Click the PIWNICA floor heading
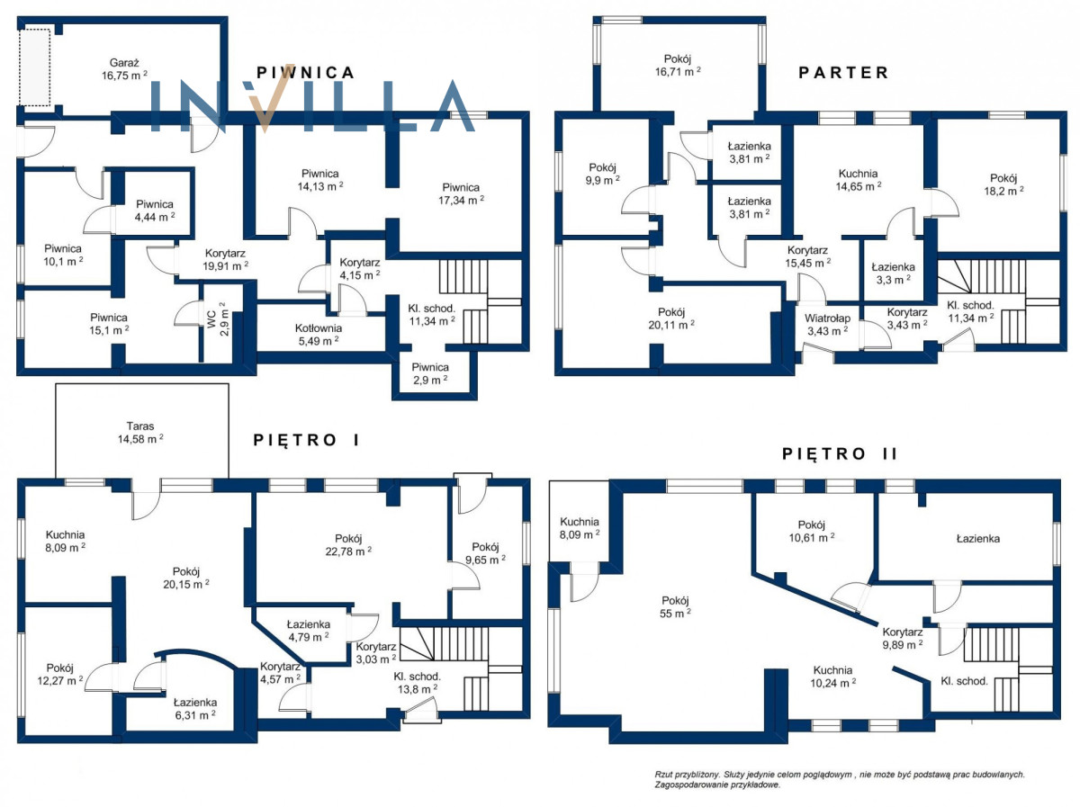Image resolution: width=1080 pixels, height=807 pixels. pyautogui.click(x=305, y=73)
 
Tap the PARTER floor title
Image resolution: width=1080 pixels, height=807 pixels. pyautogui.click(x=843, y=73)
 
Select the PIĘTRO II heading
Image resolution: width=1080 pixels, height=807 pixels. pyautogui.click(x=840, y=453)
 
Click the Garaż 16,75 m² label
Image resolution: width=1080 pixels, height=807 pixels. pyautogui.click(x=124, y=69)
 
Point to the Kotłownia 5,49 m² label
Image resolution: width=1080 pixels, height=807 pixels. pyautogui.click(x=319, y=335)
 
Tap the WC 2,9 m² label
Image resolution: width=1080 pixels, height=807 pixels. pyautogui.click(x=218, y=318)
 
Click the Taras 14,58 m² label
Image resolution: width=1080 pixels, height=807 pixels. pyautogui.click(x=140, y=432)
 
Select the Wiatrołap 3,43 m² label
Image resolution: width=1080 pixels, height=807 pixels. pyautogui.click(x=828, y=325)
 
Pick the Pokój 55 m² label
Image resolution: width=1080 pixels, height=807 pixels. pyautogui.click(x=675, y=606)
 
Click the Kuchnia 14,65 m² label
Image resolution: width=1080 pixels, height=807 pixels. pyautogui.click(x=858, y=180)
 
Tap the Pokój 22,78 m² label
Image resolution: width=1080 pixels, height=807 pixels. pyautogui.click(x=348, y=544)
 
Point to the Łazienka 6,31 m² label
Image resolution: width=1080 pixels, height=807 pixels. pyautogui.click(x=195, y=708)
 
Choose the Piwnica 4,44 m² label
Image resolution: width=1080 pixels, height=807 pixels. pyautogui.click(x=155, y=210)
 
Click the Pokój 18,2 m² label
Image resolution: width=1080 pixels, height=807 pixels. pyautogui.click(x=1003, y=184)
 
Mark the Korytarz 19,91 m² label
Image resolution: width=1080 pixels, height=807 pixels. pyautogui.click(x=225, y=259)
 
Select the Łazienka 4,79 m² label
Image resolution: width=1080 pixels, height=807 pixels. pyautogui.click(x=309, y=631)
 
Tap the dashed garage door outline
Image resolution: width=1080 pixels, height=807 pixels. pyautogui.click(x=34, y=67)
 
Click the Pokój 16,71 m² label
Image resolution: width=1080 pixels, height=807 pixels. pyautogui.click(x=678, y=65)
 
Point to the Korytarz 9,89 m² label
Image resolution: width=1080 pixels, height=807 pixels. pyautogui.click(x=903, y=638)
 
